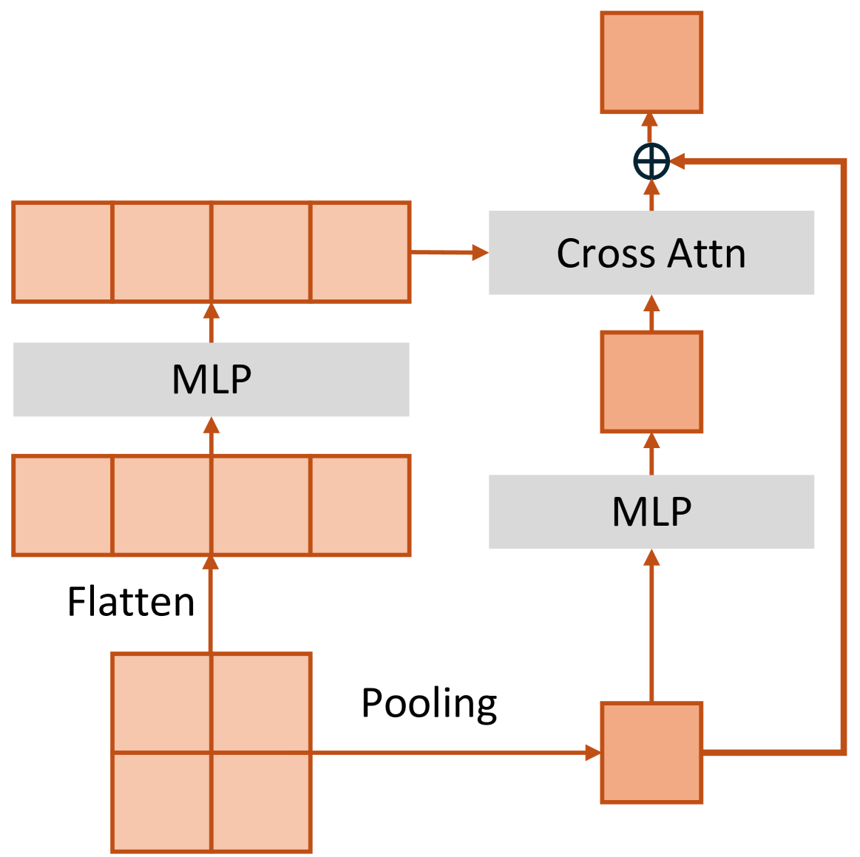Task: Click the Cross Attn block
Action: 651,253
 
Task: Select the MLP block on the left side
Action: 211,379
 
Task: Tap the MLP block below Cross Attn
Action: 651,512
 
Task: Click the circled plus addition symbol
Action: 651,161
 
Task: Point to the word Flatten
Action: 131,602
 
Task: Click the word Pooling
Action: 429,703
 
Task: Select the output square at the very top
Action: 651,63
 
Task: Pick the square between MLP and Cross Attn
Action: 651,382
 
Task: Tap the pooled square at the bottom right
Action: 651,753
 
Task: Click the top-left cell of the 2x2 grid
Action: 161,702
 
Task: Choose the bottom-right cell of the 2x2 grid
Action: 261,802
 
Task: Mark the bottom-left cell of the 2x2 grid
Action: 161,802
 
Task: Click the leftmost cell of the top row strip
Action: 63,252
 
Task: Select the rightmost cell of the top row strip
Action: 360,252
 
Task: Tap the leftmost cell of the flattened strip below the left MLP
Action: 63,506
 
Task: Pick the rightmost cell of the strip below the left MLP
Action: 360,506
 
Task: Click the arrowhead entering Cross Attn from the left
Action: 480,253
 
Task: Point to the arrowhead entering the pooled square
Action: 593,753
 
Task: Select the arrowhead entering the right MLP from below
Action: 651,557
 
